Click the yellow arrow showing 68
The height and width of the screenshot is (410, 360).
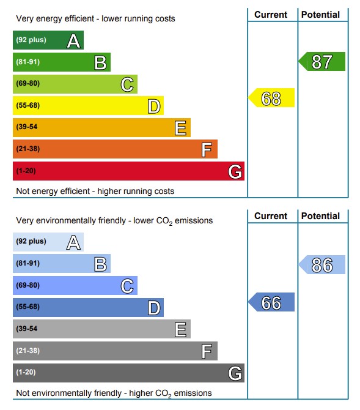coord(271,98)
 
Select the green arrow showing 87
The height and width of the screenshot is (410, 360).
coord(322,61)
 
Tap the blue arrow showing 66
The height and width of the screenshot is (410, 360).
coord(271,302)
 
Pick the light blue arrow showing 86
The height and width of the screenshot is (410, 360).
coord(322,264)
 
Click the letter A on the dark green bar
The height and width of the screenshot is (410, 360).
coord(73,41)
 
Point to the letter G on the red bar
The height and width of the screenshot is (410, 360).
coord(235,172)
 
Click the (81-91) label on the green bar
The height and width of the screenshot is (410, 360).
coord(28,62)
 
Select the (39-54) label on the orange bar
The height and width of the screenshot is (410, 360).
coord(27,127)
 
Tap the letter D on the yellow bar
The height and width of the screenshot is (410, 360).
coord(154,106)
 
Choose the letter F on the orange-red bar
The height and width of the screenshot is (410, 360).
coord(207,150)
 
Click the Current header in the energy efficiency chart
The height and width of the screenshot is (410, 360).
coord(271,15)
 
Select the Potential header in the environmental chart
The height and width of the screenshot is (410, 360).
coord(320,216)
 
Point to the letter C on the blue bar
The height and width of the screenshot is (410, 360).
coord(127,286)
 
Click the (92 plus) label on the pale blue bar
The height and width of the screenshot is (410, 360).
coord(31,241)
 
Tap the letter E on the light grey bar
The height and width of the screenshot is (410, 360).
coord(180,329)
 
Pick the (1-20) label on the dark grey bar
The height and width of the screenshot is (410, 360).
coord(26,372)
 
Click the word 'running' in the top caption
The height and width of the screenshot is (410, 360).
coord(138,19)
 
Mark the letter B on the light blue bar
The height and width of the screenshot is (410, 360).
coord(101,264)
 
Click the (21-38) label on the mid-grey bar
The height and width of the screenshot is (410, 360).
coord(28,351)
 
